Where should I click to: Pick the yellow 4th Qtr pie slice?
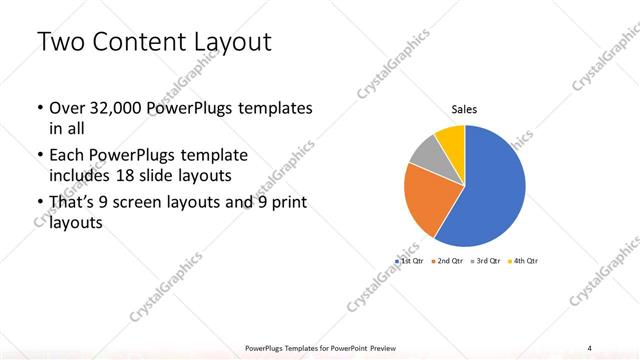451,139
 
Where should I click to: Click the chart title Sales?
464,109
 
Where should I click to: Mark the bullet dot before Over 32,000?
39,108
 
